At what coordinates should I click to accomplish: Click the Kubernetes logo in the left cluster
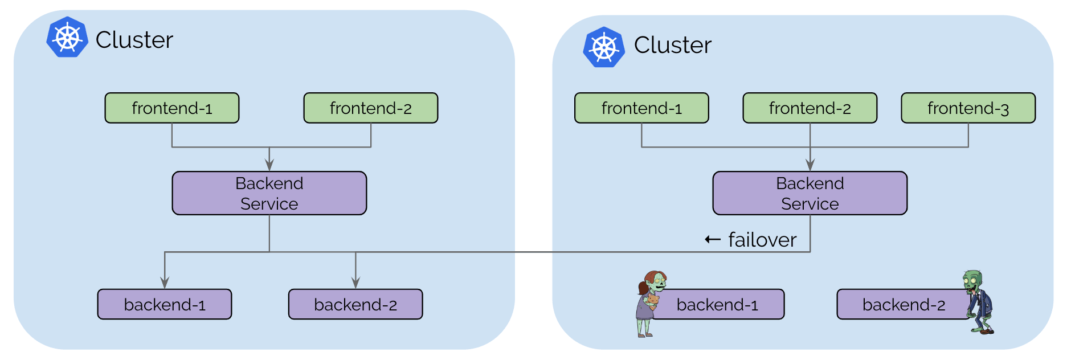pyautogui.click(x=67, y=37)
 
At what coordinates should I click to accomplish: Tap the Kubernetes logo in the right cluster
pyautogui.click(x=604, y=47)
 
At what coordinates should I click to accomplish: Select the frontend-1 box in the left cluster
pyautogui.click(x=172, y=108)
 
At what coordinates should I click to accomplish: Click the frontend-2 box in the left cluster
pyautogui.click(x=371, y=108)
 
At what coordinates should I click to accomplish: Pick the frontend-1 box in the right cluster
pyautogui.click(x=641, y=108)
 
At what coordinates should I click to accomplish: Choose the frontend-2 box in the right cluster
pyautogui.click(x=810, y=108)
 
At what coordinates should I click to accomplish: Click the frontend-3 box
pyautogui.click(x=968, y=108)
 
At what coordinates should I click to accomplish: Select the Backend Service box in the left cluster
pyautogui.click(x=269, y=193)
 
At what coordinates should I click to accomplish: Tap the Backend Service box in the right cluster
pyautogui.click(x=810, y=193)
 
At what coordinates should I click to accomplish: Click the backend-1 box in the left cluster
pyautogui.click(x=165, y=304)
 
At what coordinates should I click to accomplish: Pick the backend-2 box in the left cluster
pyautogui.click(x=355, y=304)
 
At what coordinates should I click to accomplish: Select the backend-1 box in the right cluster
pyautogui.click(x=718, y=304)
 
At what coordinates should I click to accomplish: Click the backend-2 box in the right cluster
pyautogui.click(x=904, y=304)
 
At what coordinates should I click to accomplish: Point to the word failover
pyautogui.click(x=762, y=240)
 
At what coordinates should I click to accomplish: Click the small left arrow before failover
pyautogui.click(x=713, y=239)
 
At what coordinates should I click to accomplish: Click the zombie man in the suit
pyautogui.click(x=979, y=302)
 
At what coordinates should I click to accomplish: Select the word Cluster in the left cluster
pyautogui.click(x=134, y=40)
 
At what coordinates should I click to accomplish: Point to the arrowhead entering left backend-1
pyautogui.click(x=165, y=283)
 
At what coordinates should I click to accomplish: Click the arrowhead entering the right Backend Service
pyautogui.click(x=810, y=165)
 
